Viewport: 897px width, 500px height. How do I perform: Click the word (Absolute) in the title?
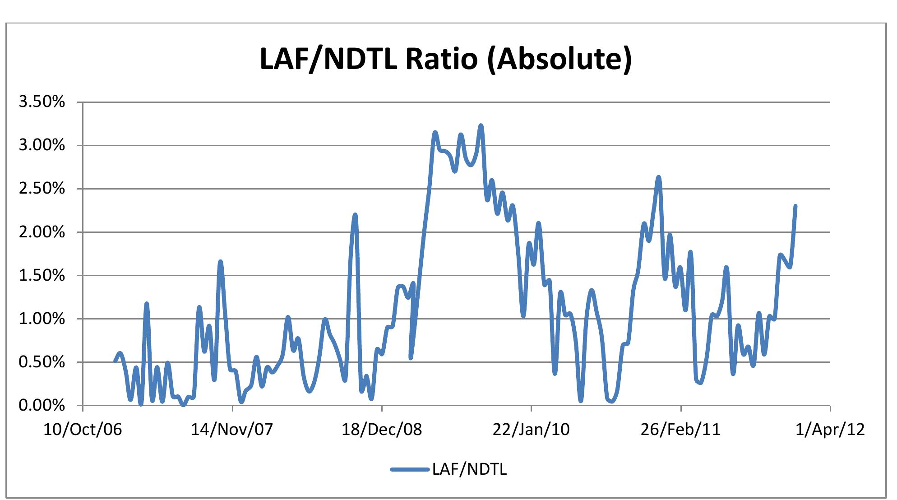point(559,60)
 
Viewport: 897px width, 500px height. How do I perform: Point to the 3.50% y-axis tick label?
point(42,102)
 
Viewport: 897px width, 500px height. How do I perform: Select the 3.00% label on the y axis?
point(42,145)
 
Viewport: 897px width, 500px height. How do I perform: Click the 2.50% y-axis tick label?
point(42,189)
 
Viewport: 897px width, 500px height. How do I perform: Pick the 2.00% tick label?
point(42,232)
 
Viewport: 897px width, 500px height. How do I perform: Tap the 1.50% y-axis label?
point(42,275)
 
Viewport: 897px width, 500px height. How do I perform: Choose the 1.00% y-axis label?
point(42,319)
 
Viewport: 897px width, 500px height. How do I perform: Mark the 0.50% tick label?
point(42,362)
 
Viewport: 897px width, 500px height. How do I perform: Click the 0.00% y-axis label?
point(42,405)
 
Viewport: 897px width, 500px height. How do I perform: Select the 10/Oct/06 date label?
point(83,429)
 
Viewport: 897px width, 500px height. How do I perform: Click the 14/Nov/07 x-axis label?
point(232,429)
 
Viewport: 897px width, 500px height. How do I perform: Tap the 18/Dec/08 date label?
point(382,429)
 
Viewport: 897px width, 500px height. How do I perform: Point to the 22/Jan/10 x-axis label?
point(531,429)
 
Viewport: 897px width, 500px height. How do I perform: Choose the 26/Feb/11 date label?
point(680,429)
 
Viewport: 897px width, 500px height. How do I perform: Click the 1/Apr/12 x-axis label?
point(830,429)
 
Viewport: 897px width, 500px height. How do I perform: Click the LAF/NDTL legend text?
point(469,470)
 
